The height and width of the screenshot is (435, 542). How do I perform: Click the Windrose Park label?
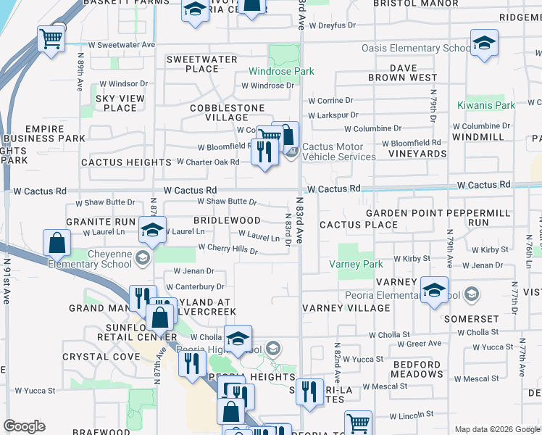tap(282, 71)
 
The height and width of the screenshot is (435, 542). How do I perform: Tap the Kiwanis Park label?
tap(486, 105)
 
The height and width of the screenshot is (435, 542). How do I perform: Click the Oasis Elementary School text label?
tap(417, 49)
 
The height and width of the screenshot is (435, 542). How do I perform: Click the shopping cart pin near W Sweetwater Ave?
tap(51, 39)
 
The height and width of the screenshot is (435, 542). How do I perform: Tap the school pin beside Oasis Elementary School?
tap(483, 43)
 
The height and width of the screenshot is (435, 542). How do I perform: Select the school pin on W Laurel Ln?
tap(152, 231)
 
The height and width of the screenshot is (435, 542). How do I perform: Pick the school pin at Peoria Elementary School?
tap(433, 292)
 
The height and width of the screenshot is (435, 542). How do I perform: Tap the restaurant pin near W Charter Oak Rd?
tap(264, 152)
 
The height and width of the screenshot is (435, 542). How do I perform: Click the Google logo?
tap(24, 426)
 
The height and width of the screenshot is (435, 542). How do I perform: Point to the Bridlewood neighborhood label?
tap(227, 220)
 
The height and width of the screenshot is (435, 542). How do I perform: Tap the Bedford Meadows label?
tap(417, 370)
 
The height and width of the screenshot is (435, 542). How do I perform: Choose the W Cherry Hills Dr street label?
tap(228, 249)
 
